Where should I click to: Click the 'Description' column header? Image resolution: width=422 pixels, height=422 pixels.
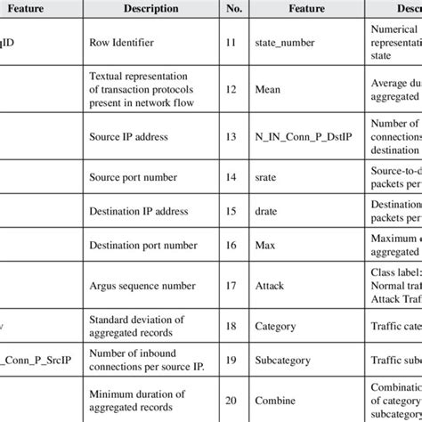(146, 8)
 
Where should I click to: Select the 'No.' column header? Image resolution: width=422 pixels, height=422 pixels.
(232, 8)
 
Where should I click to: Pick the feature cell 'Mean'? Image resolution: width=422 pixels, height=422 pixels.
(270, 87)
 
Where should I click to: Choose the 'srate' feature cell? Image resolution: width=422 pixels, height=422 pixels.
(269, 177)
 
